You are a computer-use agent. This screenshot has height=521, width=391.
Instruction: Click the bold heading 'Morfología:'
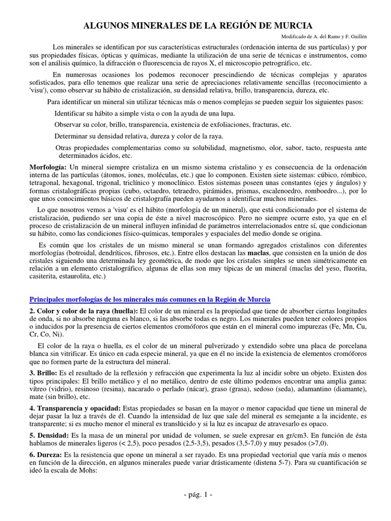[48, 167]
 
